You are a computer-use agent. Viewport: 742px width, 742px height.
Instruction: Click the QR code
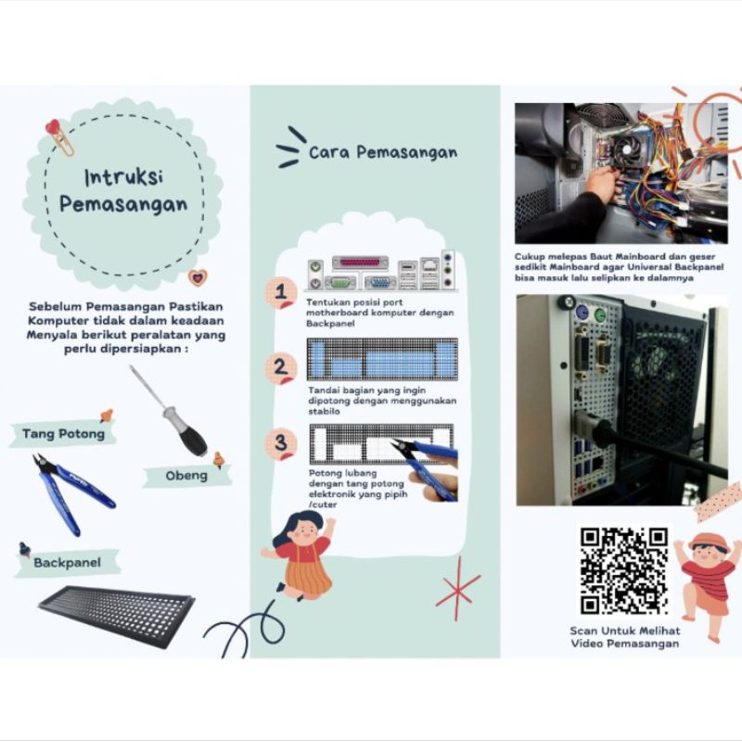point(623,570)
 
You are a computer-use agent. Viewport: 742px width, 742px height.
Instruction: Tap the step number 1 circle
point(281,292)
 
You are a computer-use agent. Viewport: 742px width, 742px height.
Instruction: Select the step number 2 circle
point(281,368)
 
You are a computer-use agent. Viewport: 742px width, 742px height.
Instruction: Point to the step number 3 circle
point(281,444)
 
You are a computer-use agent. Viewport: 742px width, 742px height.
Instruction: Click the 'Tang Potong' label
point(63,433)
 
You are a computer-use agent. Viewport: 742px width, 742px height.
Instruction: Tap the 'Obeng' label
point(186,476)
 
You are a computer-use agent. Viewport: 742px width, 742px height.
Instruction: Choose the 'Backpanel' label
point(67,563)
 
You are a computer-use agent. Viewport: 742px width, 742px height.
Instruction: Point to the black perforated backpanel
point(117,617)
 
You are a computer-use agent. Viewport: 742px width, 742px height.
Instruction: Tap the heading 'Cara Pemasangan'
point(383,152)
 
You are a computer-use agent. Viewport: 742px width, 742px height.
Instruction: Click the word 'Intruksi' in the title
point(124,177)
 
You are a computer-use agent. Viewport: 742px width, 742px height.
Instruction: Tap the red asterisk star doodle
point(457,589)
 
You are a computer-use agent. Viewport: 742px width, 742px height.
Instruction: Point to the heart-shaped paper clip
point(59,137)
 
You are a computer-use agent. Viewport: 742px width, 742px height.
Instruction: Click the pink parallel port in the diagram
point(360,262)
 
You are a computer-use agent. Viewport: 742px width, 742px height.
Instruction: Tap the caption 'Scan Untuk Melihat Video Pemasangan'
point(624,637)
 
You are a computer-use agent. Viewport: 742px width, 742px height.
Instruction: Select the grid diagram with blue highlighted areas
point(382,359)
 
